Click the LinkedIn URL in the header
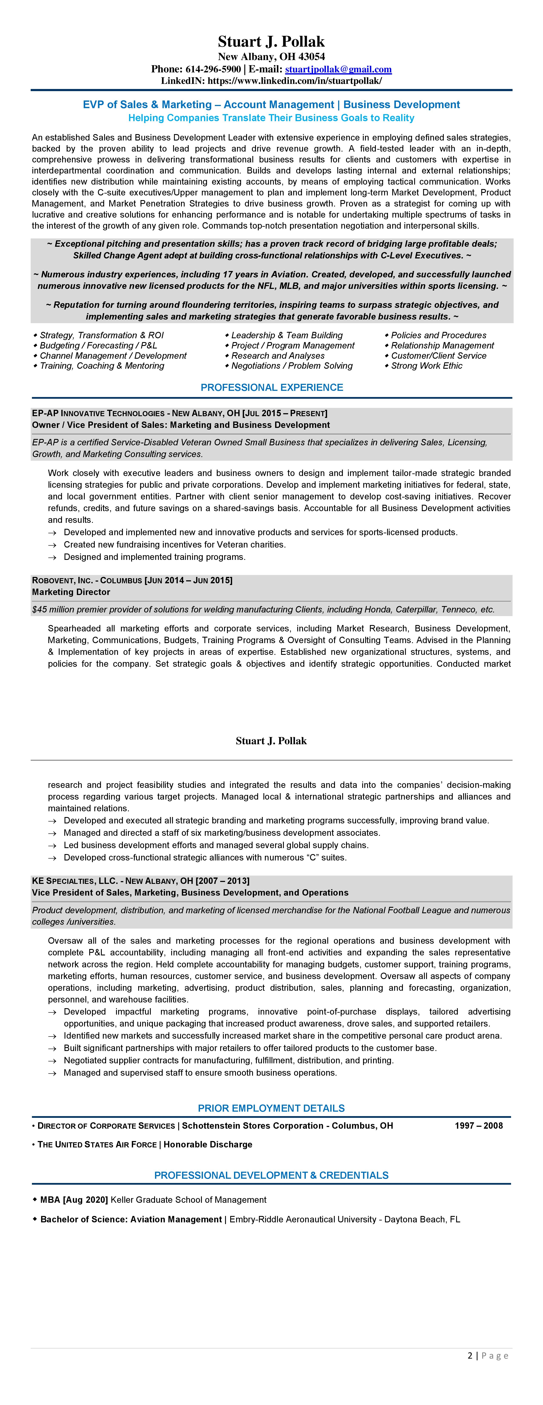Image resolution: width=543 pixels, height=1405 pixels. point(295,81)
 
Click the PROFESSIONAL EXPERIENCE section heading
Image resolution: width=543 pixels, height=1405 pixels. point(272,387)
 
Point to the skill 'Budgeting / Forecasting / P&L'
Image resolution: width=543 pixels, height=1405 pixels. point(98,345)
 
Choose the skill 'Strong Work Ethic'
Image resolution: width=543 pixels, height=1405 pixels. point(426,366)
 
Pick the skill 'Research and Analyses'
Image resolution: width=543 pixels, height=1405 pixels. point(278,356)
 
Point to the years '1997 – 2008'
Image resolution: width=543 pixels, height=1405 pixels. point(479,1125)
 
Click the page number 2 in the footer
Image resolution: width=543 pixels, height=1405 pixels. point(470,1355)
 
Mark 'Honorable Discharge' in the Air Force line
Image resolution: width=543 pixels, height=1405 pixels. point(208,1144)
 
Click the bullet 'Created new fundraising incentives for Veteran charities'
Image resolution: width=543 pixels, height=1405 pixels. point(175,544)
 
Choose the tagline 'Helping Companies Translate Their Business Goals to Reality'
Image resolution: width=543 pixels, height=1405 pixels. point(271,118)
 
